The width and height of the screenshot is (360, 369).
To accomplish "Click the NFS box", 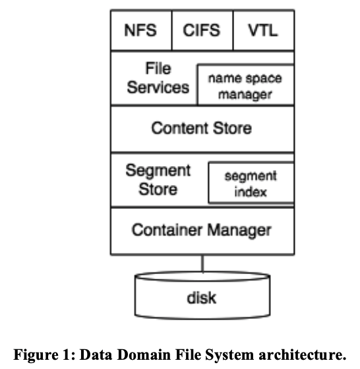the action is click(x=141, y=30).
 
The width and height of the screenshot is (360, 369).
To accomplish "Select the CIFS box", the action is click(x=202, y=30).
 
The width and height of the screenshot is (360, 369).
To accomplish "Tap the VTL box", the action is click(x=264, y=30).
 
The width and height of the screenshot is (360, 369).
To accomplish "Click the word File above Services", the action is click(x=158, y=69).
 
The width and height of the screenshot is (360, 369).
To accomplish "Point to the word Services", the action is click(x=158, y=87).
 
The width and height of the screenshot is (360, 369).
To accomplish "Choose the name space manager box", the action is click(x=245, y=84).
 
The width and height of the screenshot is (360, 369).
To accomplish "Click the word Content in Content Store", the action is click(x=180, y=128).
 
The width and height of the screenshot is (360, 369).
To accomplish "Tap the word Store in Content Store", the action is click(x=232, y=128).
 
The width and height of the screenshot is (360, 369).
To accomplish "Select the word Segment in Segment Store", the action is click(x=158, y=171).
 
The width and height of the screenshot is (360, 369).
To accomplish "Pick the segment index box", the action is click(x=251, y=183).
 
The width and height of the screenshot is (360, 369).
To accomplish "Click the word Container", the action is click(x=167, y=230).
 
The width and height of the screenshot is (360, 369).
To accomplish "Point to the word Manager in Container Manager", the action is click(x=239, y=231).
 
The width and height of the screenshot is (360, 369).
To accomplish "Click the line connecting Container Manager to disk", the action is click(x=202, y=264).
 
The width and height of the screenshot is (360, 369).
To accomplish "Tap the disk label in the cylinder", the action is click(x=202, y=298).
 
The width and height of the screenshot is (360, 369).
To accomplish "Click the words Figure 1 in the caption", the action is click(x=42, y=355).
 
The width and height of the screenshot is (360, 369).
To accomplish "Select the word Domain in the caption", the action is click(x=144, y=355).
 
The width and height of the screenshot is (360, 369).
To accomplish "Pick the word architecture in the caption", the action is click(x=303, y=355).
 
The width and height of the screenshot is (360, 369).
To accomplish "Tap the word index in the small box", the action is click(x=251, y=192).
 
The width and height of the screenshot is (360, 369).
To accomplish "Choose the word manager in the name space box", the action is click(x=245, y=95).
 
